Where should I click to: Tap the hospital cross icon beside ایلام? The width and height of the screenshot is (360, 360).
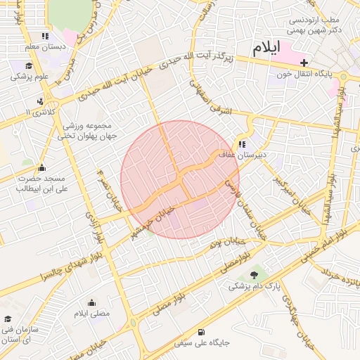304,63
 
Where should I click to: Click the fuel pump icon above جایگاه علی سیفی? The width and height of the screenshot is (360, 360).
202,332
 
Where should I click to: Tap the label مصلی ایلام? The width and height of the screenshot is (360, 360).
92,312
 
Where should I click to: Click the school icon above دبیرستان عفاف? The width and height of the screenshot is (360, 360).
242,145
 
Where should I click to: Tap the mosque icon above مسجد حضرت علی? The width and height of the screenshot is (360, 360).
41,167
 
